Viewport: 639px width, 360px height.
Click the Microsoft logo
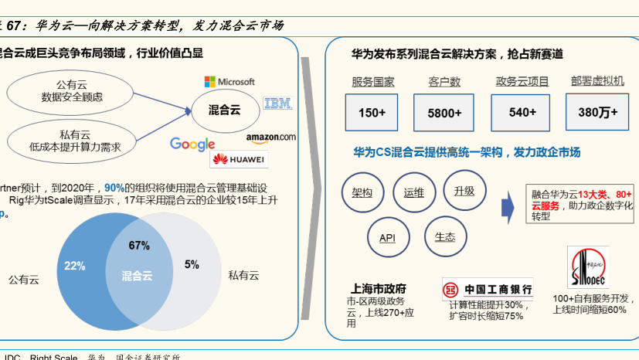pos(229,81)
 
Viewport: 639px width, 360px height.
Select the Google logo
pos(192,144)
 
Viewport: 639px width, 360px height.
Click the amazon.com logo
pos(270,138)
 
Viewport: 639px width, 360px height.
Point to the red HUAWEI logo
pos(239,160)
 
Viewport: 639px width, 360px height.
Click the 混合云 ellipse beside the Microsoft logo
pos(225,110)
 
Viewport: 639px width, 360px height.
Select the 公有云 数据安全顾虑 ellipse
pos(71,91)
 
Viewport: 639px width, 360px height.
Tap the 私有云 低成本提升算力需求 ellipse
pos(71,140)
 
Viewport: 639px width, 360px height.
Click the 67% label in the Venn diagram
pos(139,246)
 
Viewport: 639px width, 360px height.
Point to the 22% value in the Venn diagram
pos(75,265)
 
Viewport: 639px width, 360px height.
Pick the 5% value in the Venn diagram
pos(192,264)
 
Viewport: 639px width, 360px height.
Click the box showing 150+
pos(372,113)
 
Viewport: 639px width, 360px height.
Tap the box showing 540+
pos(522,113)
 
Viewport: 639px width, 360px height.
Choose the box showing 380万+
pos(597,113)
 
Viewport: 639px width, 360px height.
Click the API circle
pos(387,237)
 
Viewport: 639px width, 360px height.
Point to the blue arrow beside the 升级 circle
pos(508,206)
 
